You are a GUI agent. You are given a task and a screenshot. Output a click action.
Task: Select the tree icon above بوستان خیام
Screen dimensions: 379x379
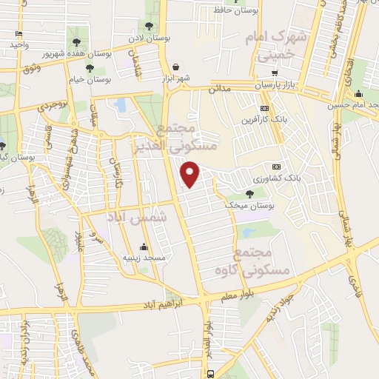pos(90,68)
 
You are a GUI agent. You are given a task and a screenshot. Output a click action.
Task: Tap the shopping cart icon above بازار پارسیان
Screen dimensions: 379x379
pos(275,73)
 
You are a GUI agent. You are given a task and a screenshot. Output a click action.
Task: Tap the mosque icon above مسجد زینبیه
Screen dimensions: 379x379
pos(143,246)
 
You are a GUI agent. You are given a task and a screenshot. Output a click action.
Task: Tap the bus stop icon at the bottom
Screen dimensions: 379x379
pos(212,373)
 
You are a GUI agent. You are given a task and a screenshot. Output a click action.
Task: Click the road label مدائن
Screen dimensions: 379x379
pos(225,88)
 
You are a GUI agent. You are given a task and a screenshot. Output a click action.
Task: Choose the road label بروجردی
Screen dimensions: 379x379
pos(53,104)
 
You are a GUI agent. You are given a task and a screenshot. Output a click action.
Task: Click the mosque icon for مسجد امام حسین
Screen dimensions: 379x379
pos(359,94)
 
